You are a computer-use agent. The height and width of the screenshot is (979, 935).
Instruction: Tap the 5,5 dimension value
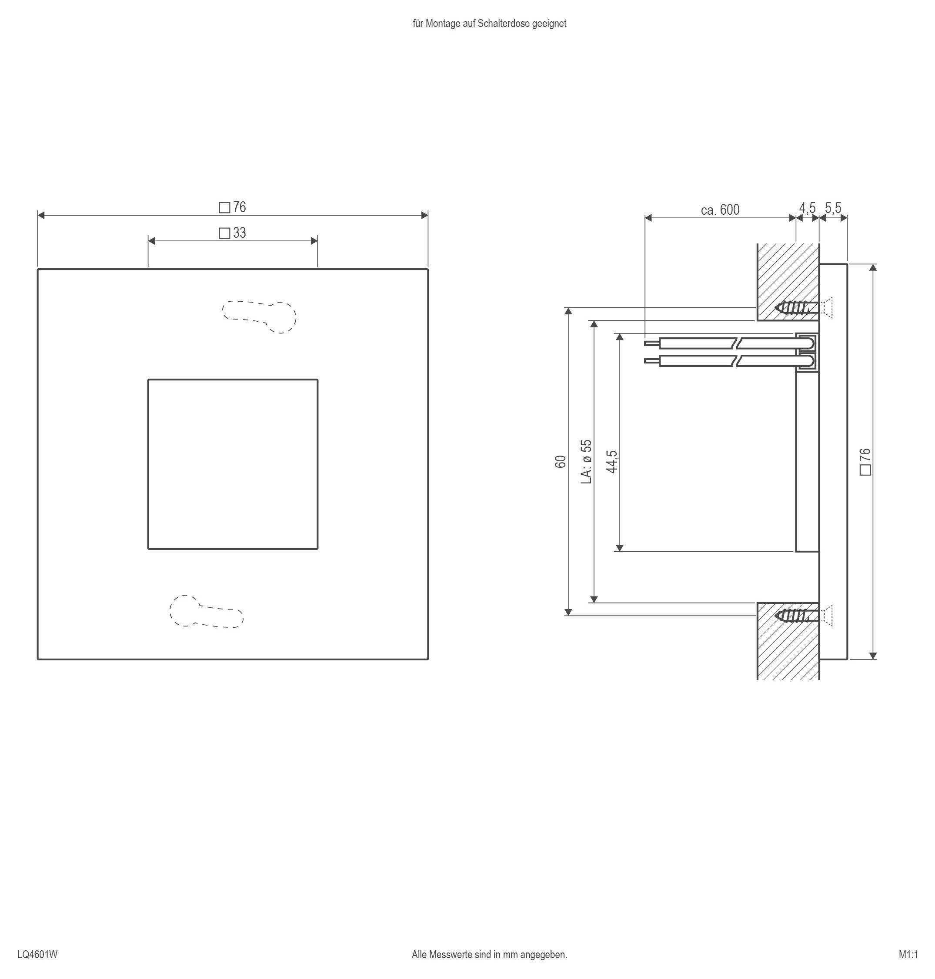833,208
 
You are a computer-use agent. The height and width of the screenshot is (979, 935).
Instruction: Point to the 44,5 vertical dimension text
612,461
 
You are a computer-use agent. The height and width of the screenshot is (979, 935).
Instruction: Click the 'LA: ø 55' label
587,461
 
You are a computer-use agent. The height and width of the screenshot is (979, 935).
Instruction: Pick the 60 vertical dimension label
561,461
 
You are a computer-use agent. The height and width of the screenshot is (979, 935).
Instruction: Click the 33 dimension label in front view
233,233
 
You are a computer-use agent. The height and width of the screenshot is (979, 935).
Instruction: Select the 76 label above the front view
233,207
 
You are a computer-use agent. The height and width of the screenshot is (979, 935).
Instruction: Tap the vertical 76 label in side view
865,461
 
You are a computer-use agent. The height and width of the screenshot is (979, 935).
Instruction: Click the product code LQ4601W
37,954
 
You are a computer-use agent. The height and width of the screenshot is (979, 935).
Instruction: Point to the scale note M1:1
908,954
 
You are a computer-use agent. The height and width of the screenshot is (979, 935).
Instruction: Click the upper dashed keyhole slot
259,316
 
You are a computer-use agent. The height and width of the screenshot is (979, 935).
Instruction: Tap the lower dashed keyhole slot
206,611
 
